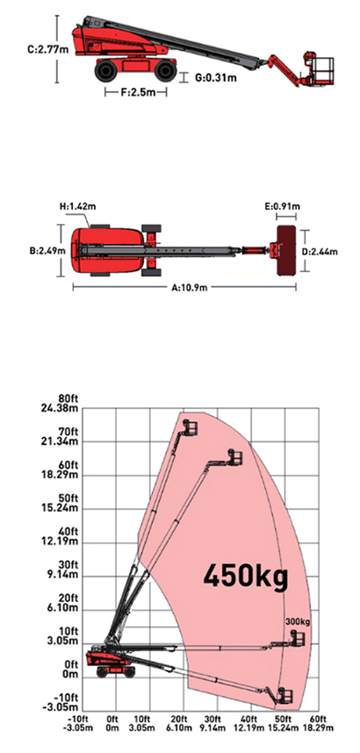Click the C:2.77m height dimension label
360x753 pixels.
coord(48,49)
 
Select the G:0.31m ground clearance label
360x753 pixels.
coord(216,77)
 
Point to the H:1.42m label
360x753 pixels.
coord(77,207)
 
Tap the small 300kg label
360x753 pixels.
coord(298,622)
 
